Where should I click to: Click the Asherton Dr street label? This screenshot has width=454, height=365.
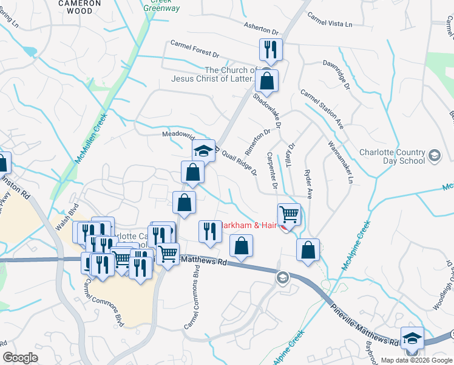tap(260, 29)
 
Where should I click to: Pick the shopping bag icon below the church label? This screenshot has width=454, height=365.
tap(266, 80)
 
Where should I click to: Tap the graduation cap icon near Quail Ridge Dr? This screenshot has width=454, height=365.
tap(203, 150)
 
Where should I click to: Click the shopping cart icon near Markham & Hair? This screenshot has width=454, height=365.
tap(290, 214)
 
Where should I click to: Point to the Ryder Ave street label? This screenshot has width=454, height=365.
tap(308, 184)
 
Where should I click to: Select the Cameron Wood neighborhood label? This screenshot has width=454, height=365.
tap(80, 4)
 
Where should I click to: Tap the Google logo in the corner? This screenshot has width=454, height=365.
tap(21, 358)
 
